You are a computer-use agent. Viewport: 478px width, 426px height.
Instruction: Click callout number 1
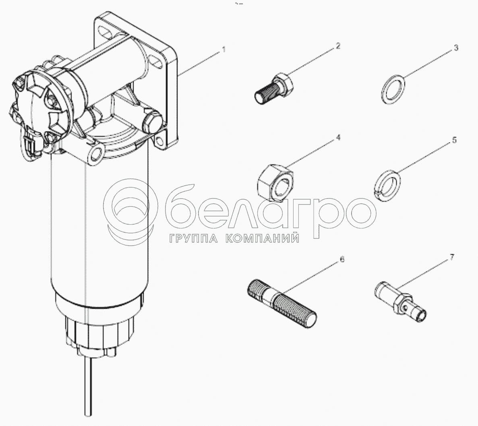pyautogui.click(x=224, y=50)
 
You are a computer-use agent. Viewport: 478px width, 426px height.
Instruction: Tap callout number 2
pyautogui.click(x=338, y=46)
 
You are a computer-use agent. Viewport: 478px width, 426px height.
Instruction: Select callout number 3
pyautogui.click(x=456, y=48)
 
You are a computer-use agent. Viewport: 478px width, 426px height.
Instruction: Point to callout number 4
pyautogui.click(x=338, y=138)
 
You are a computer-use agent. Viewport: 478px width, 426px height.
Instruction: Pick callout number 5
pyautogui.click(x=454, y=140)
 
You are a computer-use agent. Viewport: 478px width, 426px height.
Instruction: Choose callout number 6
pyautogui.click(x=342, y=260)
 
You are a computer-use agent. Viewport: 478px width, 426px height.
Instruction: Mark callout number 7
pyautogui.click(x=452, y=257)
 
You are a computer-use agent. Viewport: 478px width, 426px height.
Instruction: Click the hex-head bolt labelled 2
pyautogui.click(x=274, y=88)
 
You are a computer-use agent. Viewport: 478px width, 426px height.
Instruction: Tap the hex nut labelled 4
pyautogui.click(x=275, y=182)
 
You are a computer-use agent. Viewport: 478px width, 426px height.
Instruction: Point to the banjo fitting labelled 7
pyautogui.click(x=399, y=301)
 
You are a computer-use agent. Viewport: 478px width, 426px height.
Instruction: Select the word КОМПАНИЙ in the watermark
pyautogui.click(x=262, y=238)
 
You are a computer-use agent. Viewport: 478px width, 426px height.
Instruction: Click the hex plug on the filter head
pyautogui.click(x=153, y=122)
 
